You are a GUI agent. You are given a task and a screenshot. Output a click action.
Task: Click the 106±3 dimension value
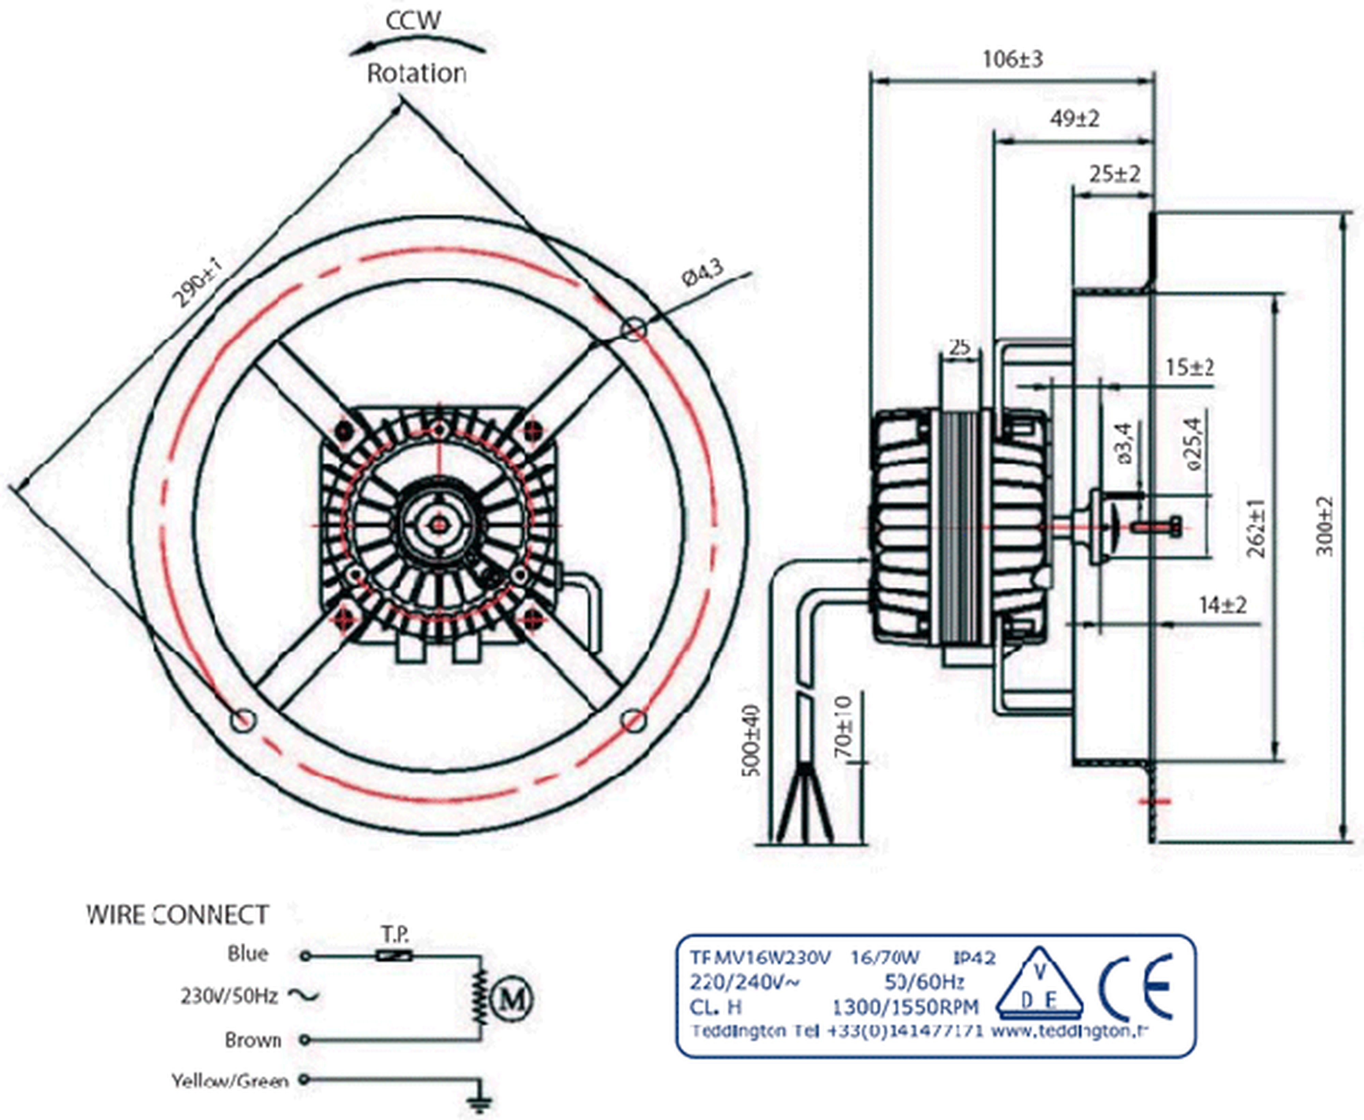coord(1012,59)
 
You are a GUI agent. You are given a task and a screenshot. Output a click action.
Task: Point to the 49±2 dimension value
coord(1074,119)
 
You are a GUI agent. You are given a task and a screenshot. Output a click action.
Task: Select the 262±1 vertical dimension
coord(1256,528)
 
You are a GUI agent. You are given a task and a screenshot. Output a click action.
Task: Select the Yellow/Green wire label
coord(229,1080)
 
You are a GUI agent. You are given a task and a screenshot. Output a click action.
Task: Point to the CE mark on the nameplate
coord(1136,987)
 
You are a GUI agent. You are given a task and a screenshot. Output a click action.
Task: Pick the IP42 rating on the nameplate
coord(975,957)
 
